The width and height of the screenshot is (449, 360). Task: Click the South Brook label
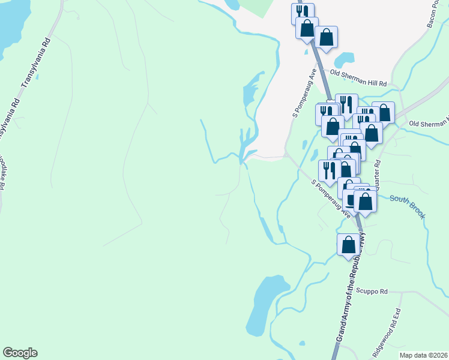pos(408,206)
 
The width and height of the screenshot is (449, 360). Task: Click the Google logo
pos(20,353)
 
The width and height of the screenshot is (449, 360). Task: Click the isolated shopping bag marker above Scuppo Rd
pos(348,244)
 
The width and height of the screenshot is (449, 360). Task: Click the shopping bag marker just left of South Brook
pos(365,201)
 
